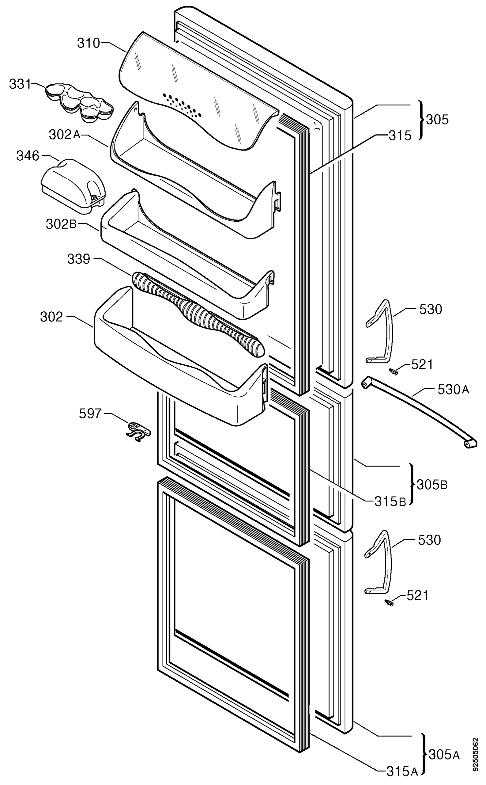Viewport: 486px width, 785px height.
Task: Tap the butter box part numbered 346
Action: coord(73,186)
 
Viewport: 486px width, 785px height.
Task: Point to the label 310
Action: coord(88,43)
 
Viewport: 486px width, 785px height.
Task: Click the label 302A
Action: coord(65,135)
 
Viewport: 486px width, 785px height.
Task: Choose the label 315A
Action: coord(402,777)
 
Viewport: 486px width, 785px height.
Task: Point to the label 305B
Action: coord(432,484)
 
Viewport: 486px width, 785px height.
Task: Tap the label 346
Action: coord(28,156)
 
